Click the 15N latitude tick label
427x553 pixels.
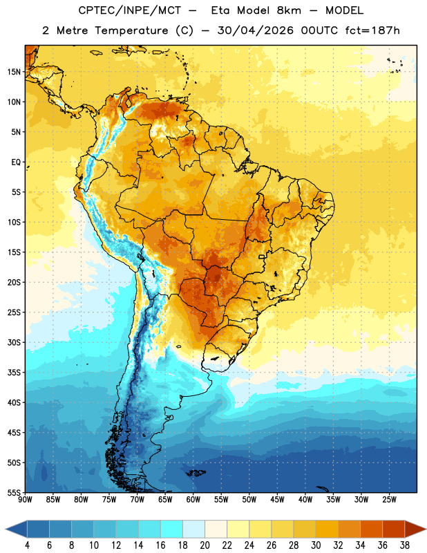pos(14,72)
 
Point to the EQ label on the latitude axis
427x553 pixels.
pos(16,162)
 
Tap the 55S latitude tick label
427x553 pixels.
pos(14,492)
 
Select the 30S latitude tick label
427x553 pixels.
pos(14,342)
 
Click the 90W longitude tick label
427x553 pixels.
pos(25,500)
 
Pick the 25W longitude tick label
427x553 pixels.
pos(389,500)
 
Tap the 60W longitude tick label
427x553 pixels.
pos(193,500)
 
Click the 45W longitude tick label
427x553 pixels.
pos(278,500)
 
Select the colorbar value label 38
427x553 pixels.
pos(405,545)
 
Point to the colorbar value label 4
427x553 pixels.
pos(27,545)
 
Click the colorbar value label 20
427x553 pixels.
pos(205,545)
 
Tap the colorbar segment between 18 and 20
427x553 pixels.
pos(194,529)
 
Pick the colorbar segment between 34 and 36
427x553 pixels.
pos(372,529)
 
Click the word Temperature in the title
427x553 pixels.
pos(131,30)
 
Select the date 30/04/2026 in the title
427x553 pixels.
pos(256,30)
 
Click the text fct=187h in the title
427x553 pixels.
pos(372,30)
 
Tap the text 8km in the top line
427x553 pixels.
pos(289,10)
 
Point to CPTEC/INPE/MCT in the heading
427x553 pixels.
pos(130,10)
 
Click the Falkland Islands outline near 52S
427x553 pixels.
pos(196,473)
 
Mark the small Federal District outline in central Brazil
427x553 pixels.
pos(262,257)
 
